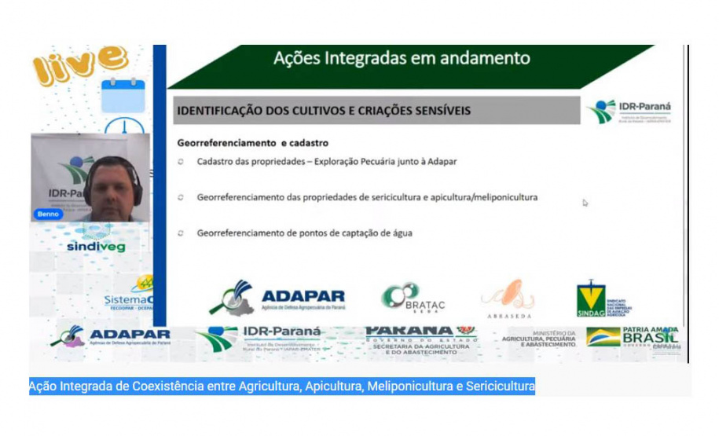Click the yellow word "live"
point(78,61)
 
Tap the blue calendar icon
point(123,93)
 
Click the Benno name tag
point(46,214)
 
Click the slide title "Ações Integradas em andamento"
point(402,58)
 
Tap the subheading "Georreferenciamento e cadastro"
point(252,143)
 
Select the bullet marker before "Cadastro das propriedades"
point(180,162)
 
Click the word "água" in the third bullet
point(400,233)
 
